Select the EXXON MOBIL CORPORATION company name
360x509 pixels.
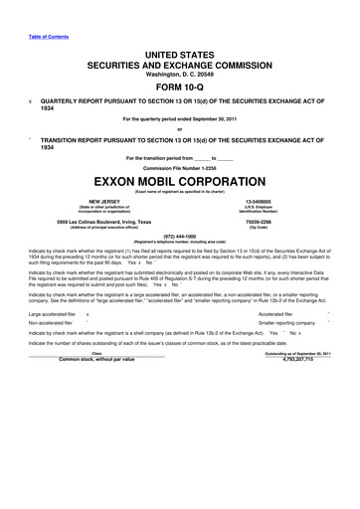(179, 184)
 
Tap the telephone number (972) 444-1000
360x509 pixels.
(179, 240)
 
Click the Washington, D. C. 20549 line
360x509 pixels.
(179, 71)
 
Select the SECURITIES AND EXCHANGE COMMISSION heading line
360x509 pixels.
(179, 61)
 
